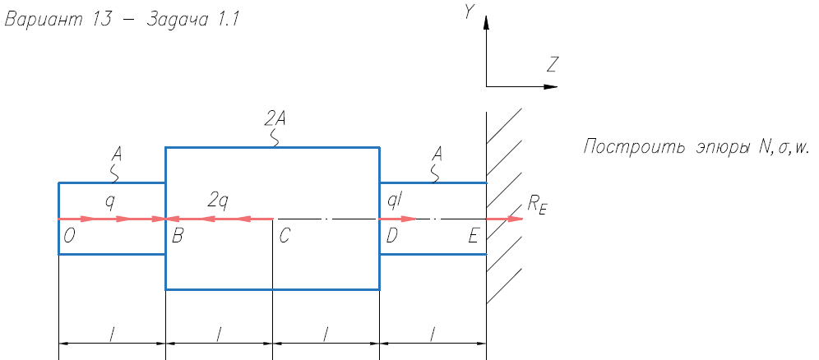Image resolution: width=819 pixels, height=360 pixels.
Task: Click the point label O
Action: pos(70,237)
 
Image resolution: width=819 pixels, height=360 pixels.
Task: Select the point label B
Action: pos(178,237)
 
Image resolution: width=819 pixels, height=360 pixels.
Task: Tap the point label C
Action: pos(285,237)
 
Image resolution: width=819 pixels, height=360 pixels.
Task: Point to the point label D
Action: pos(391,237)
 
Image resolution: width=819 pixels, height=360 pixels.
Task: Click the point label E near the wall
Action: pos(473,237)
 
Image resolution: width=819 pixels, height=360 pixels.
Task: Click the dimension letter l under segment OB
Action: pos(112,333)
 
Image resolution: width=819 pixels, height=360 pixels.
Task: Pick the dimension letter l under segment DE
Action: pos(433,333)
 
